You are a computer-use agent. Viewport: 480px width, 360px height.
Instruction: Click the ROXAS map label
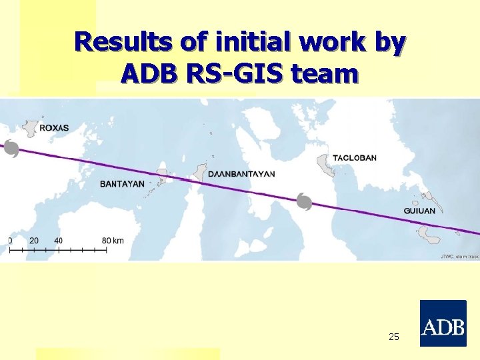[x=54, y=127]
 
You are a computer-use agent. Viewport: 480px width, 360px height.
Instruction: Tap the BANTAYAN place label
[x=122, y=184]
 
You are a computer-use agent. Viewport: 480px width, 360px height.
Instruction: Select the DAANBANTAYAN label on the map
[x=241, y=174]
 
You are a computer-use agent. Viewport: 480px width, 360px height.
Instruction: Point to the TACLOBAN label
[x=354, y=158]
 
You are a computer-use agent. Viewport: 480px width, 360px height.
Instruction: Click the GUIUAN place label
[x=419, y=211]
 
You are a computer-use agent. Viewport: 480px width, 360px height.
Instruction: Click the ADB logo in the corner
[x=443, y=323]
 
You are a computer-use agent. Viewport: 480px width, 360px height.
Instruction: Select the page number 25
[x=394, y=337]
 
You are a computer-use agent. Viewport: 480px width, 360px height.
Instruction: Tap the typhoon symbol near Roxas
[x=11, y=149]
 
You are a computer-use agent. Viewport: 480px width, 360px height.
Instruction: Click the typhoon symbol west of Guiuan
[x=304, y=201]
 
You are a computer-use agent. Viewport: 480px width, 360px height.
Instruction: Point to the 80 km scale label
[x=113, y=240]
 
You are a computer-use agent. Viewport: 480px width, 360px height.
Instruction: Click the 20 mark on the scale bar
[x=34, y=240]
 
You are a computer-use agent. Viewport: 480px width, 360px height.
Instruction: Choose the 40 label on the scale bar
[x=59, y=240]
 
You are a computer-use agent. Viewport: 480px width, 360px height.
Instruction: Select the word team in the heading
[x=325, y=73]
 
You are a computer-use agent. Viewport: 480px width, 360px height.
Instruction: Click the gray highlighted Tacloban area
[x=325, y=163]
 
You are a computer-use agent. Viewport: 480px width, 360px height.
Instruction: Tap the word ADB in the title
[x=150, y=73]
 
